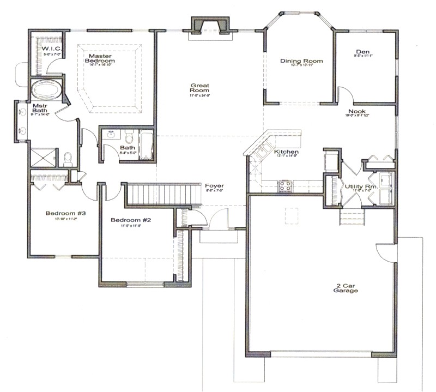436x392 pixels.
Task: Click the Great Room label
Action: click(196, 88)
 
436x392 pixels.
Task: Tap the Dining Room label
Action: click(301, 61)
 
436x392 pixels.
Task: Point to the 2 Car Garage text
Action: click(346, 288)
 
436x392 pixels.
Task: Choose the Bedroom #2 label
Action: click(131, 220)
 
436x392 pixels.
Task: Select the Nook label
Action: click(357, 111)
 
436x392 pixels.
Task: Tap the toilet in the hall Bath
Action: click(129, 136)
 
